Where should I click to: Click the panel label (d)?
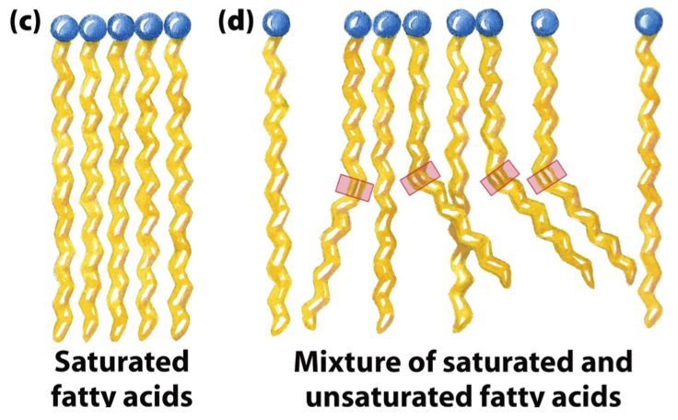[236, 21]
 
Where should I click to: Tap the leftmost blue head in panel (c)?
[65, 28]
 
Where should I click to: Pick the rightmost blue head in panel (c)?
[176, 26]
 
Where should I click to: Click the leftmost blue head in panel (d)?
[275, 24]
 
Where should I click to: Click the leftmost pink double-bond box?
[355, 187]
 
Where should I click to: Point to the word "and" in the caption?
[604, 362]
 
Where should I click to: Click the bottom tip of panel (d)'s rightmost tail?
[652, 321]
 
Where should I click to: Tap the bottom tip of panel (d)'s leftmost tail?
[274, 327]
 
